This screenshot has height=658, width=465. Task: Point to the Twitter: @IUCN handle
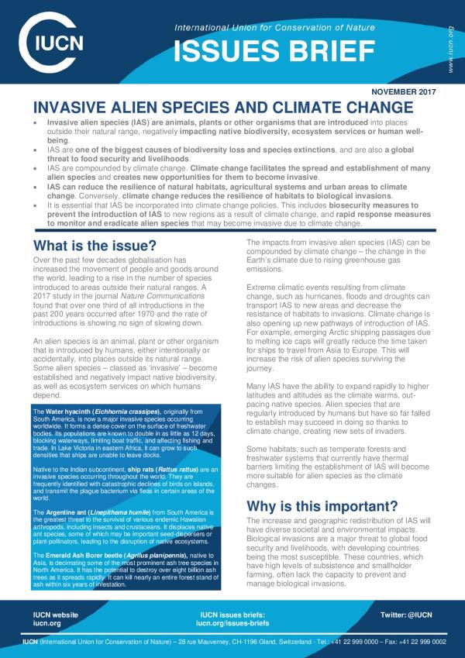click(410, 614)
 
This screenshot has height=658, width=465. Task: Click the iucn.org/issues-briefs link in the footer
click(232, 622)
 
